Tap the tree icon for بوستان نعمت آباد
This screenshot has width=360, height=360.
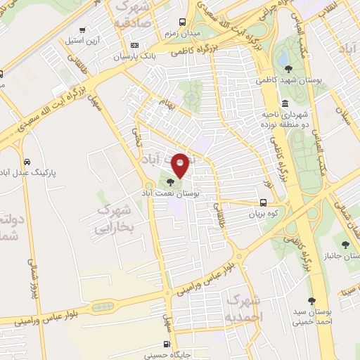coord(173,183)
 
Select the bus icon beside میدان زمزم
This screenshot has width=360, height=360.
coord(183,22)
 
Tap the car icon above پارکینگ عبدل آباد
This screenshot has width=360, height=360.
coord(27,160)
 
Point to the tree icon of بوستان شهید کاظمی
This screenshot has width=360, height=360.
coord(289,68)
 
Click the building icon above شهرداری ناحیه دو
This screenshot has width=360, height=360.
coord(283,92)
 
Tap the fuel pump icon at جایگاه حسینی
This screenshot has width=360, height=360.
coord(167,344)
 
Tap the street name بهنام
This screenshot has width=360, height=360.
coord(166,108)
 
